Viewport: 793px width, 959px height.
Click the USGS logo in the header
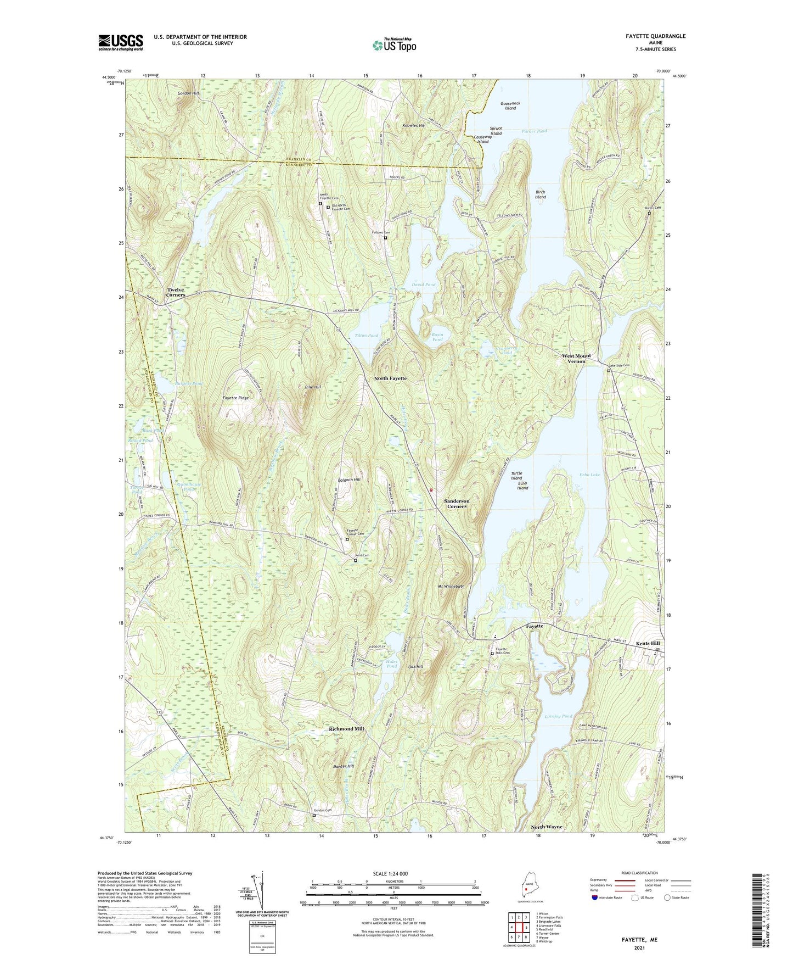121,42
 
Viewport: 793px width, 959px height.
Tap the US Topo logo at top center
393,45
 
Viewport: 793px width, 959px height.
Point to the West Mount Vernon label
576,359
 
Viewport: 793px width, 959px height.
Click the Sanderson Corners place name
457,504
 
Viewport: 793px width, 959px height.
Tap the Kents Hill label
648,643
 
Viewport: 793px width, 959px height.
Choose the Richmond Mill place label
346,729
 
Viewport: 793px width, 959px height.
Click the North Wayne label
547,827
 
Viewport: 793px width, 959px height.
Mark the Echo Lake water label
590,475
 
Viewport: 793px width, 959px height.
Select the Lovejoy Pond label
558,716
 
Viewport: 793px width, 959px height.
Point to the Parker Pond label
534,131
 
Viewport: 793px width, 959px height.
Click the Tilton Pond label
366,335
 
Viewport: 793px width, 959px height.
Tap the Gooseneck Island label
510,105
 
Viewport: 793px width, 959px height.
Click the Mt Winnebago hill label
451,587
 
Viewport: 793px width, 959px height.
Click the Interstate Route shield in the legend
595,897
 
